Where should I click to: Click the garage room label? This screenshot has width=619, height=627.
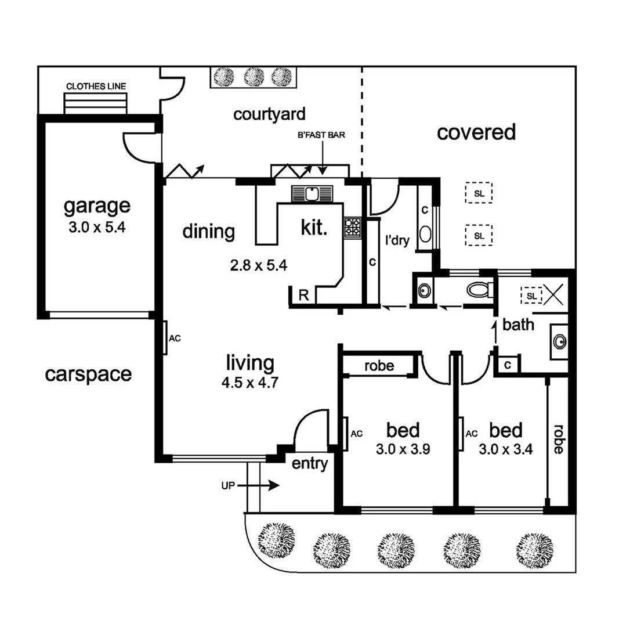(97, 206)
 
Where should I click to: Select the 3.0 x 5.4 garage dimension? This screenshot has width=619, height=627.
(97, 228)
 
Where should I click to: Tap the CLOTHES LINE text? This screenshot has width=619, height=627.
(96, 87)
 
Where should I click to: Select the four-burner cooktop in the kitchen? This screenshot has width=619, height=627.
(352, 227)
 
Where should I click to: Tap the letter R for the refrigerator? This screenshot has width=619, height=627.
(303, 294)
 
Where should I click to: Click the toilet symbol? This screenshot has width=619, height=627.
(479, 289)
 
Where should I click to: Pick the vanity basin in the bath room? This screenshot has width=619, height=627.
(560, 341)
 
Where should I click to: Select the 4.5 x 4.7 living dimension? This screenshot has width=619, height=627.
(250, 383)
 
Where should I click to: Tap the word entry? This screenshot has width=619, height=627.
(309, 464)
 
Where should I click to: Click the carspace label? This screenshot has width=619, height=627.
(88, 374)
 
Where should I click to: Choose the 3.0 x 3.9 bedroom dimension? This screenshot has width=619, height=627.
(403, 449)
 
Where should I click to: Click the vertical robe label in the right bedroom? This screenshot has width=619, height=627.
(558, 439)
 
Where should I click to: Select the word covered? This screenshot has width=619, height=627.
(476, 132)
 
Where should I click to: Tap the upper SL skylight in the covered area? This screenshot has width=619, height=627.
(479, 193)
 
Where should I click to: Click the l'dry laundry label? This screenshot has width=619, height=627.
(398, 240)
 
